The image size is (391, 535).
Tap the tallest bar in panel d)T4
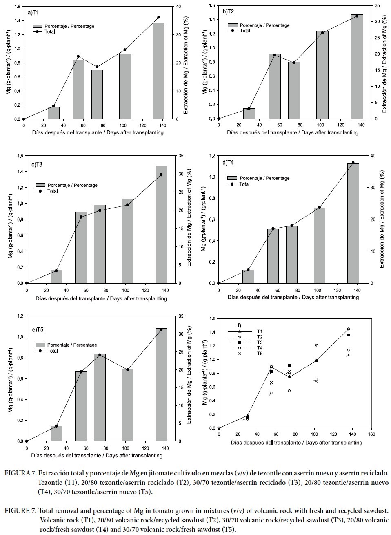[x=353, y=223]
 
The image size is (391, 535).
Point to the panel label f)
[x=240, y=325]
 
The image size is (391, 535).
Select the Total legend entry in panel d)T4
[x=244, y=184]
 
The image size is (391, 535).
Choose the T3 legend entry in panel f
[x=260, y=342]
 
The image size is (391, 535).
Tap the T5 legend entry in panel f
[x=260, y=353]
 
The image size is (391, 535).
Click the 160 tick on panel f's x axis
[x=371, y=434]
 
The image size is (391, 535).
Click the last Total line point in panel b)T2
[x=357, y=16]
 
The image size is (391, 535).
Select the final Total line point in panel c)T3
[x=161, y=175]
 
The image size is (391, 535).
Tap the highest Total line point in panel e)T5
[x=161, y=329]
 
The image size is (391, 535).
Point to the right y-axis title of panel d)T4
[x=382, y=219]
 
